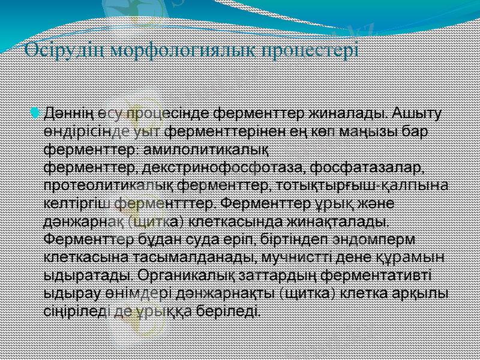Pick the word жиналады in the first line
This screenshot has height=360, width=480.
(346, 113)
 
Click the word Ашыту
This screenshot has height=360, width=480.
(418, 113)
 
